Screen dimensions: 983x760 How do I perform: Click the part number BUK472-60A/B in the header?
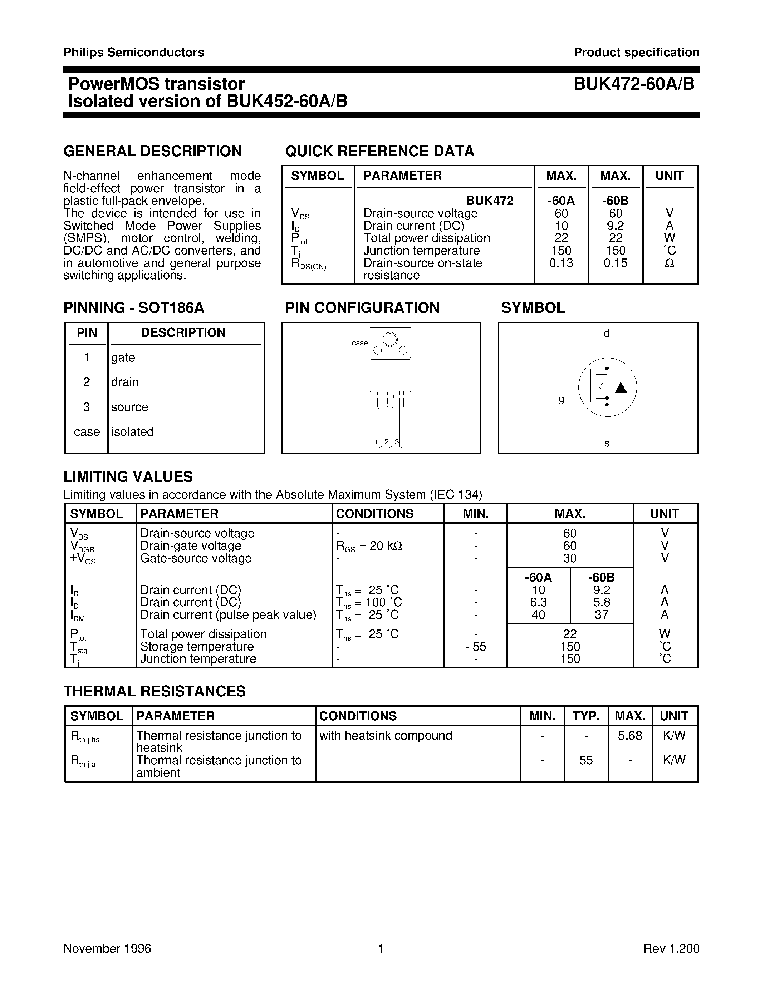(634, 84)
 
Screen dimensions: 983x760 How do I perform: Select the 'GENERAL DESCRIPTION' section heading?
(153, 151)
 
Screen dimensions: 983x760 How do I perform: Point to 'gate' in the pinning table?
(123, 357)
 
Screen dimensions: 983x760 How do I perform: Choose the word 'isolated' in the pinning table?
(132, 432)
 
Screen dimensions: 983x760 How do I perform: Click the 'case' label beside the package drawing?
(359, 343)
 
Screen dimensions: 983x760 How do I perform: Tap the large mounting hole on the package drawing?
(390, 339)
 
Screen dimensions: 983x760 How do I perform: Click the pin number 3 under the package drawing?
(397, 442)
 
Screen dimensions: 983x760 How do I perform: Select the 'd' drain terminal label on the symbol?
(607, 334)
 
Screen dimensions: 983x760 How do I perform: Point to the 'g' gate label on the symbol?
(561, 399)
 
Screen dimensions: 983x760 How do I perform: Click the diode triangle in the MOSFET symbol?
(621, 387)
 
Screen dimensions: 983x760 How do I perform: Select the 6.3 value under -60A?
(539, 602)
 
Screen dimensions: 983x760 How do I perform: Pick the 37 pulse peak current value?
(602, 615)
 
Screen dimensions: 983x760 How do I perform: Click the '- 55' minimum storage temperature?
(476, 647)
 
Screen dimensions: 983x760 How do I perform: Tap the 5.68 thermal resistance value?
(629, 735)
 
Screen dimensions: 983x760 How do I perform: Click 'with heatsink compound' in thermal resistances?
(386, 735)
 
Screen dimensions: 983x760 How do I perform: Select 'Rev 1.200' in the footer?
(671, 949)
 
